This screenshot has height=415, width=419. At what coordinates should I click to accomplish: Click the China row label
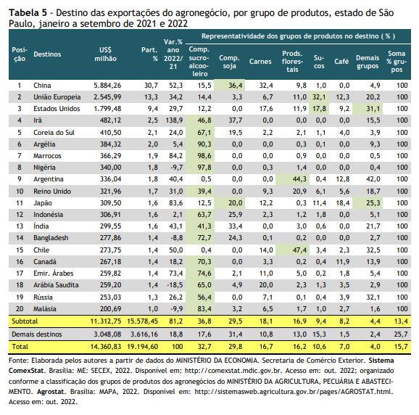click(x=42, y=86)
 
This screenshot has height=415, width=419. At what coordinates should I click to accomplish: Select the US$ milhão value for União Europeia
click(x=107, y=97)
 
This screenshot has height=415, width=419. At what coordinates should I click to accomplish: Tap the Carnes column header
click(x=260, y=62)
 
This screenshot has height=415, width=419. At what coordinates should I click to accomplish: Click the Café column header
click(x=341, y=62)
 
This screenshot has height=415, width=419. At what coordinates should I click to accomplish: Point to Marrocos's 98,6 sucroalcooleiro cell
click(x=204, y=156)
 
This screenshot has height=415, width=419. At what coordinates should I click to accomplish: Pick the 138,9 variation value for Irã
click(x=174, y=120)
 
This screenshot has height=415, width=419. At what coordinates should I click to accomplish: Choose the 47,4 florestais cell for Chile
click(x=299, y=250)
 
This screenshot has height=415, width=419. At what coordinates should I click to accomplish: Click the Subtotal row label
click(x=25, y=321)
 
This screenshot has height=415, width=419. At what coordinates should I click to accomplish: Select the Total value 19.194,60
click(x=142, y=347)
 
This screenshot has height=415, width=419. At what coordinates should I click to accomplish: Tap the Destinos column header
click(x=47, y=54)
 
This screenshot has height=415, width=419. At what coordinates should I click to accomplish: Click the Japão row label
click(x=43, y=203)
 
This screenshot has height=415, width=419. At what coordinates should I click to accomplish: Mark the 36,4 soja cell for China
click(x=235, y=86)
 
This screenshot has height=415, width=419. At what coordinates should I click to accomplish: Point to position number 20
click(x=20, y=309)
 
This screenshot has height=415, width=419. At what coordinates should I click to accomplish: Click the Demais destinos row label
click(x=37, y=334)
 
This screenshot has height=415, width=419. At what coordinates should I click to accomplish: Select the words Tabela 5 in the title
click(x=28, y=12)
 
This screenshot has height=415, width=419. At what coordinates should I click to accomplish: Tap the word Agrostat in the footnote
click(x=51, y=392)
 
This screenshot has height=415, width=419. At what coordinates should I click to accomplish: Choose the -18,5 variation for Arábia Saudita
click(x=175, y=285)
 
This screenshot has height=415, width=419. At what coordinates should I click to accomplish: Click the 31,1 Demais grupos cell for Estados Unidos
click(x=373, y=109)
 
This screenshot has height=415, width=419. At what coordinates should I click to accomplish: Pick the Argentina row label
click(x=49, y=179)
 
